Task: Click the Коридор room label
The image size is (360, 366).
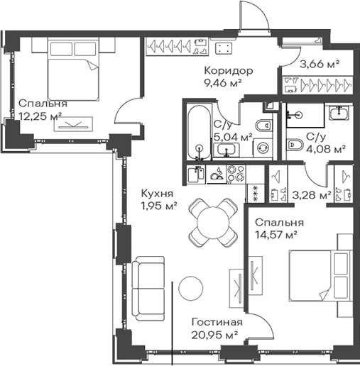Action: (x=229, y=71)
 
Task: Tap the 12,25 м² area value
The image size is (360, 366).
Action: (x=40, y=116)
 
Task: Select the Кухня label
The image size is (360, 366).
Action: (x=157, y=194)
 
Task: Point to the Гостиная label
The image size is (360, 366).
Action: (x=217, y=322)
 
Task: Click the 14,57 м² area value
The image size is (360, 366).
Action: (x=276, y=235)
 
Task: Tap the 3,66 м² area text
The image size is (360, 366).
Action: (x=320, y=64)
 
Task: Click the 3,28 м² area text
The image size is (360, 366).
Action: (x=312, y=195)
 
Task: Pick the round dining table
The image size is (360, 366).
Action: (x=213, y=222)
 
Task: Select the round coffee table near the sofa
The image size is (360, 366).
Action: (x=190, y=288)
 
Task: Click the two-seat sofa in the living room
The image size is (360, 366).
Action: (x=148, y=288)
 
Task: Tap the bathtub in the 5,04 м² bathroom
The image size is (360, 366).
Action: (x=199, y=133)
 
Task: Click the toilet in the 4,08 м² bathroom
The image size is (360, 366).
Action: (x=295, y=144)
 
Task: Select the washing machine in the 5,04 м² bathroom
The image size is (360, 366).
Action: (x=263, y=148)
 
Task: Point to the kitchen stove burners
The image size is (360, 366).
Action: (x=236, y=174)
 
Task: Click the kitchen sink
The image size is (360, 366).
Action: (x=196, y=174)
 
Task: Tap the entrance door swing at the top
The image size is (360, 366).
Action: (x=254, y=16)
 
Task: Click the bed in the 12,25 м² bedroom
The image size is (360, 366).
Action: (x=73, y=69)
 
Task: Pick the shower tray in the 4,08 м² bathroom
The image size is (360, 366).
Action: (x=305, y=115)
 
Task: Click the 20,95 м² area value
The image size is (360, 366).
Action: (x=214, y=335)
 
